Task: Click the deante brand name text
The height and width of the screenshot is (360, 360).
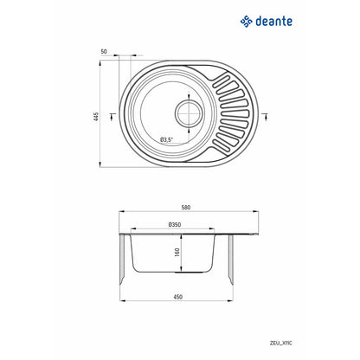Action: (273, 22)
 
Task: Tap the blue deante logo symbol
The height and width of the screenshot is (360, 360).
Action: (247, 22)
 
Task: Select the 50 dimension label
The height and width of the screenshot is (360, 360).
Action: (104, 52)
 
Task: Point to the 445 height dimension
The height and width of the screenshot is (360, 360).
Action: (96, 117)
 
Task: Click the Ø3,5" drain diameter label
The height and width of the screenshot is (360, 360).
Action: (166, 140)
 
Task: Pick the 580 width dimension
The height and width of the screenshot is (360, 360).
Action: (186, 207)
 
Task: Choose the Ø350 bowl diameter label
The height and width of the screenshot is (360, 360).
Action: (175, 224)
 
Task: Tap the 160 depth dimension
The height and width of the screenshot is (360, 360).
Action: (177, 252)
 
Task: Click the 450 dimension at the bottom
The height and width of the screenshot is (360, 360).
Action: (178, 297)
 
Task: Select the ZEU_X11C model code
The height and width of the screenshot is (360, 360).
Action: (281, 344)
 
